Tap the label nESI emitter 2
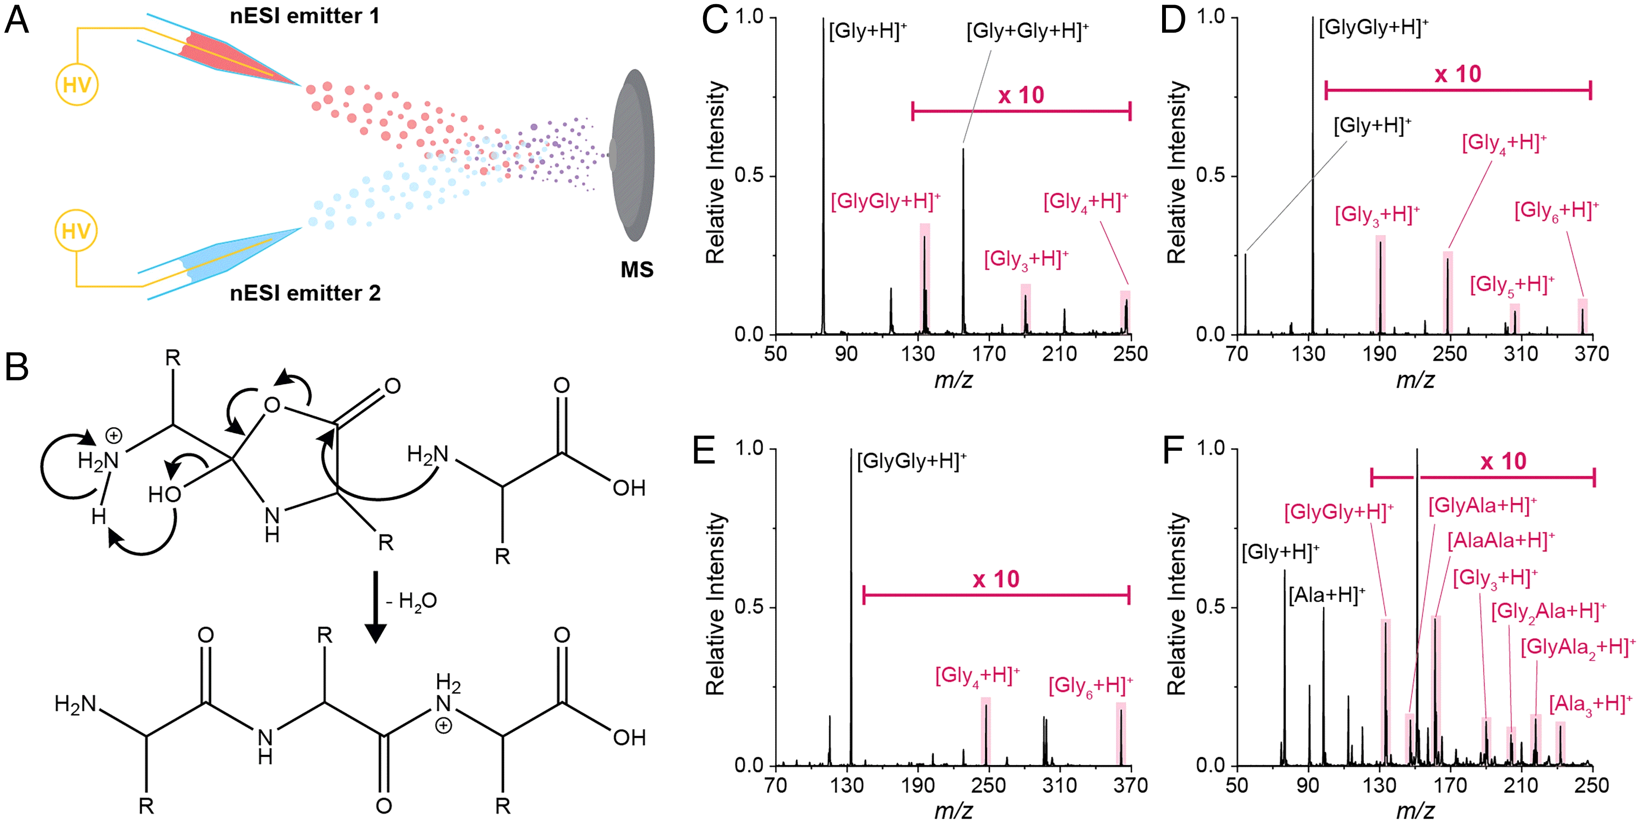point(305,293)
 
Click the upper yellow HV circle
point(77,85)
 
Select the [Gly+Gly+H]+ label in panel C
point(1027,30)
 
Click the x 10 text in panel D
point(1457,74)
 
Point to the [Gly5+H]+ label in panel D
point(1511,285)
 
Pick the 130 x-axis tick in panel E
point(847,785)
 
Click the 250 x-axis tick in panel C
point(1130,353)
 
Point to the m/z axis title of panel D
point(1415,380)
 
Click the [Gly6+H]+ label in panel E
point(1090,686)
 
